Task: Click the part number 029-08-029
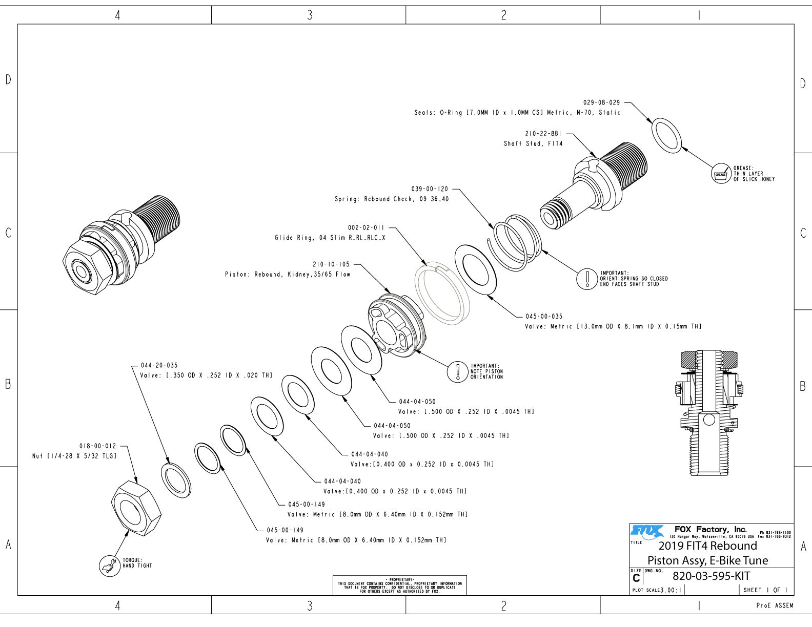pyautogui.click(x=601, y=102)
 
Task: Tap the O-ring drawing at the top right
pyautogui.click(x=666, y=135)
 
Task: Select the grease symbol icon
pyautogui.click(x=720, y=174)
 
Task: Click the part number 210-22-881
pyautogui.click(x=543, y=134)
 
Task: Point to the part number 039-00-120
pyautogui.click(x=430, y=189)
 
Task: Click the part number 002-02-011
pyautogui.click(x=366, y=227)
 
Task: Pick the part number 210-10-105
pyautogui.click(x=331, y=264)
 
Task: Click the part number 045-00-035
pyautogui.click(x=544, y=317)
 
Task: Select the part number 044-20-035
pyautogui.click(x=159, y=365)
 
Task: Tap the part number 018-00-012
pyautogui.click(x=97, y=446)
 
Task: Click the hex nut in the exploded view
pyautogui.click(x=136, y=508)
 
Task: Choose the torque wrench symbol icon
pyautogui.click(x=108, y=566)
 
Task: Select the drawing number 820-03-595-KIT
pyautogui.click(x=711, y=576)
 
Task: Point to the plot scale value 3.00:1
pyautogui.click(x=671, y=590)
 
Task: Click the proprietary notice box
pyautogui.click(x=399, y=586)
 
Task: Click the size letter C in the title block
pyautogui.click(x=636, y=578)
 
